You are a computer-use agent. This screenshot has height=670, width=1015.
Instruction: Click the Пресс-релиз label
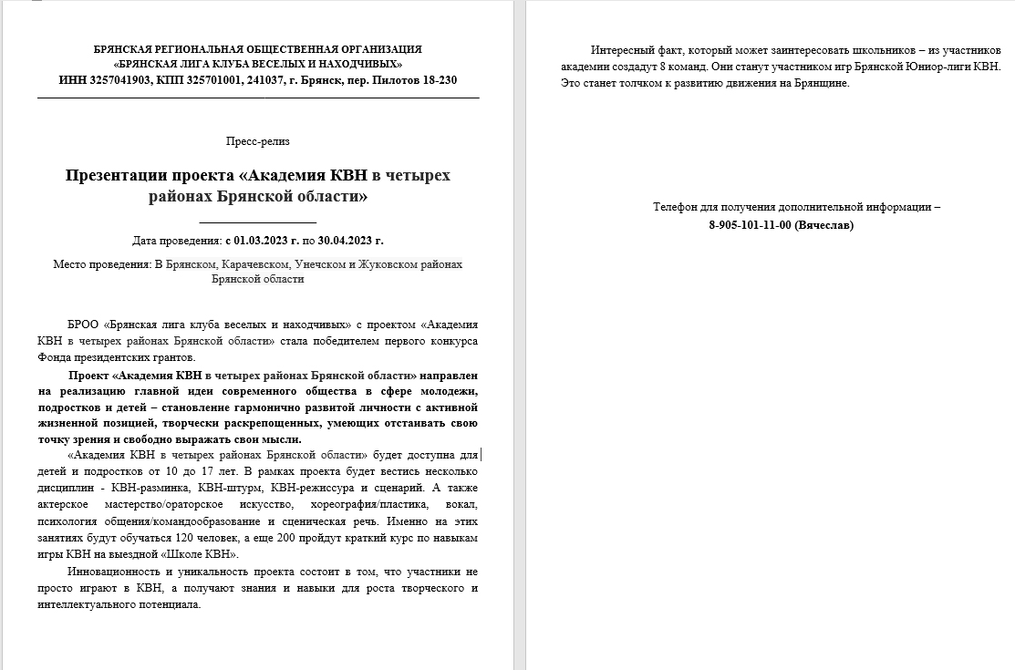257,141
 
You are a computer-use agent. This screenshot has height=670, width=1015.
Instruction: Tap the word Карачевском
254,263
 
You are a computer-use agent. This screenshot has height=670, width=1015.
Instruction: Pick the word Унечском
323,263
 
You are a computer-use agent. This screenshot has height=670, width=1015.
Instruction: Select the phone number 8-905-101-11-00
751,224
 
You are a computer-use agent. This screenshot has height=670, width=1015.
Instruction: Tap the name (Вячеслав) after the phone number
824,224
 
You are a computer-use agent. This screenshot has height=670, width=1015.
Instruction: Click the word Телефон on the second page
678,207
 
